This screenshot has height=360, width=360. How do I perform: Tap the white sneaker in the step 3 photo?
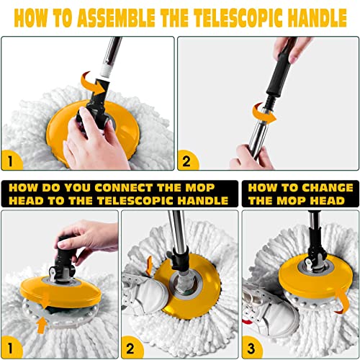[x=266, y=299]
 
